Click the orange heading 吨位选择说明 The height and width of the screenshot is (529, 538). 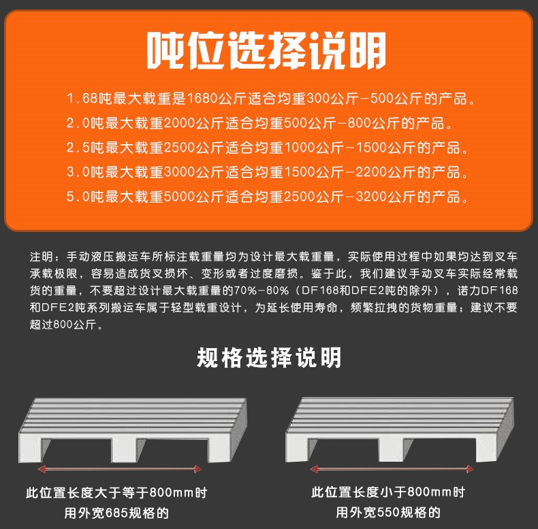click(266, 50)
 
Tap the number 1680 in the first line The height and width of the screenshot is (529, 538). click(202, 99)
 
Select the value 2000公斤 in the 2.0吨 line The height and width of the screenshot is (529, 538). click(194, 123)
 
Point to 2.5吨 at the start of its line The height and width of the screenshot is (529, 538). click(84, 148)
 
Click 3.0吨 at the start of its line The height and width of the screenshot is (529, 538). click(84, 172)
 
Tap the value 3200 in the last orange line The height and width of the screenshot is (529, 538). click(372, 197)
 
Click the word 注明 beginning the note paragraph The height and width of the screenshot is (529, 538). click(42, 256)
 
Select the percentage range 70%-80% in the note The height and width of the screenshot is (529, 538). click(261, 290)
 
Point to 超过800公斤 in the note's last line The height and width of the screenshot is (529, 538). click(63, 324)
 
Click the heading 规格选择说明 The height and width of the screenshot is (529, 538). click(269, 358)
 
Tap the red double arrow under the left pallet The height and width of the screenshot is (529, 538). click(119, 468)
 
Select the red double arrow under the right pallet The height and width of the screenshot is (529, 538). click(392, 468)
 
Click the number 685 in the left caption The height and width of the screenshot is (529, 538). click(116, 513)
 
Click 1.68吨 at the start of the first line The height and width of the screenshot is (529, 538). click(89, 99)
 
